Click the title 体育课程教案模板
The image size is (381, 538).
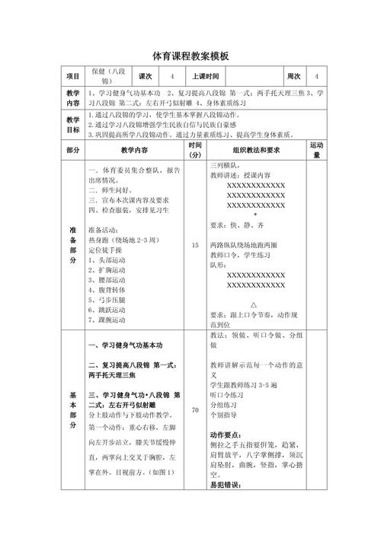pos(190,56)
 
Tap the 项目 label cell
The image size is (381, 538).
pos(73,77)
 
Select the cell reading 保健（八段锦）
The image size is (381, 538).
pos(107,77)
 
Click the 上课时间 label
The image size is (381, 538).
pos(205,77)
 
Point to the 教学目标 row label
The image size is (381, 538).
pos(73,125)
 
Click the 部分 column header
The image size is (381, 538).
pos(73,150)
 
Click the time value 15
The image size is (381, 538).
pos(195,246)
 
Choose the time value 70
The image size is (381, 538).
pos(195,410)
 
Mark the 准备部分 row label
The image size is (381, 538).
pos(73,245)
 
